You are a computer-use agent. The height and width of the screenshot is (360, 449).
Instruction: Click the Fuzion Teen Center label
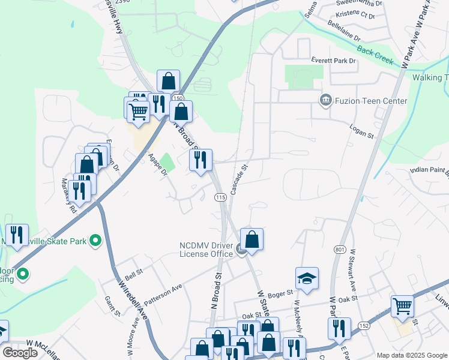[x=370, y=101]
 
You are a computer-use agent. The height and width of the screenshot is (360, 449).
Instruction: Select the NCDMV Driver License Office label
[x=206, y=250]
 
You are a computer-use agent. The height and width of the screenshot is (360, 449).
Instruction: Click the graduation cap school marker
[x=306, y=279]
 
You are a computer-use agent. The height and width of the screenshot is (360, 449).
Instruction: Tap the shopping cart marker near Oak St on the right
[x=402, y=307]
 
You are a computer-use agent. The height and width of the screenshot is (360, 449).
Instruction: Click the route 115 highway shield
[x=220, y=198]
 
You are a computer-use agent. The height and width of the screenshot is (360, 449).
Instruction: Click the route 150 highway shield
[x=179, y=98]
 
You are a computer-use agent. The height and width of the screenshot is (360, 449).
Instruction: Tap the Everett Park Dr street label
[x=333, y=61]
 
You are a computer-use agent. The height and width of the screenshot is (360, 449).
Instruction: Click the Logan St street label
[x=362, y=131]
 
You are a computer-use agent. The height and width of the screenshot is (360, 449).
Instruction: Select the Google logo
[x=20, y=353]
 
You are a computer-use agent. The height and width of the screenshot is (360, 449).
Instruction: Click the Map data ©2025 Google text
[x=411, y=355]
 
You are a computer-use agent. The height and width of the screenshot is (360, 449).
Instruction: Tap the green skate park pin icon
[x=95, y=241]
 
